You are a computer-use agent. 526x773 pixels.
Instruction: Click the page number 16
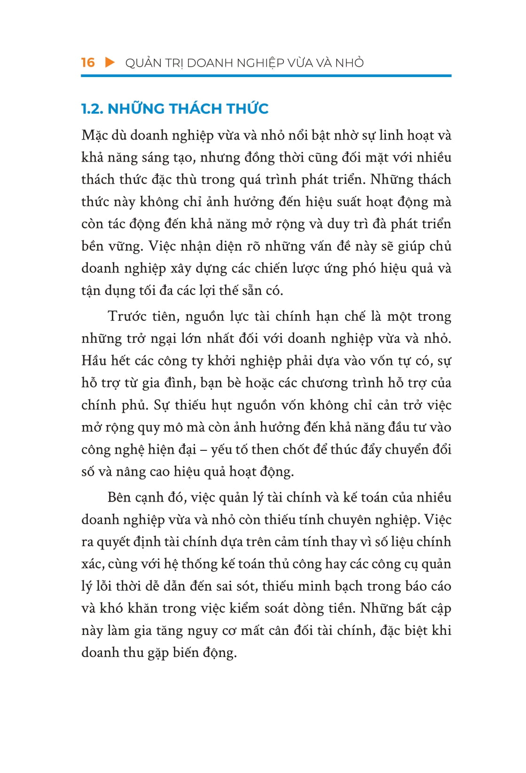click(x=88, y=62)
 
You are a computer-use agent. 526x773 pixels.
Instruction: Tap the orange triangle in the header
click(x=110, y=62)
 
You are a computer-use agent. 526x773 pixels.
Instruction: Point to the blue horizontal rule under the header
click(x=266, y=76)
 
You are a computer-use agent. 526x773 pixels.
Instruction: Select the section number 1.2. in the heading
click(x=92, y=109)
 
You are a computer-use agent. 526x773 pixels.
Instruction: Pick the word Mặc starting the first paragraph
click(x=94, y=136)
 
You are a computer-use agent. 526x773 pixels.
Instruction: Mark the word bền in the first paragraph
click(x=92, y=247)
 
